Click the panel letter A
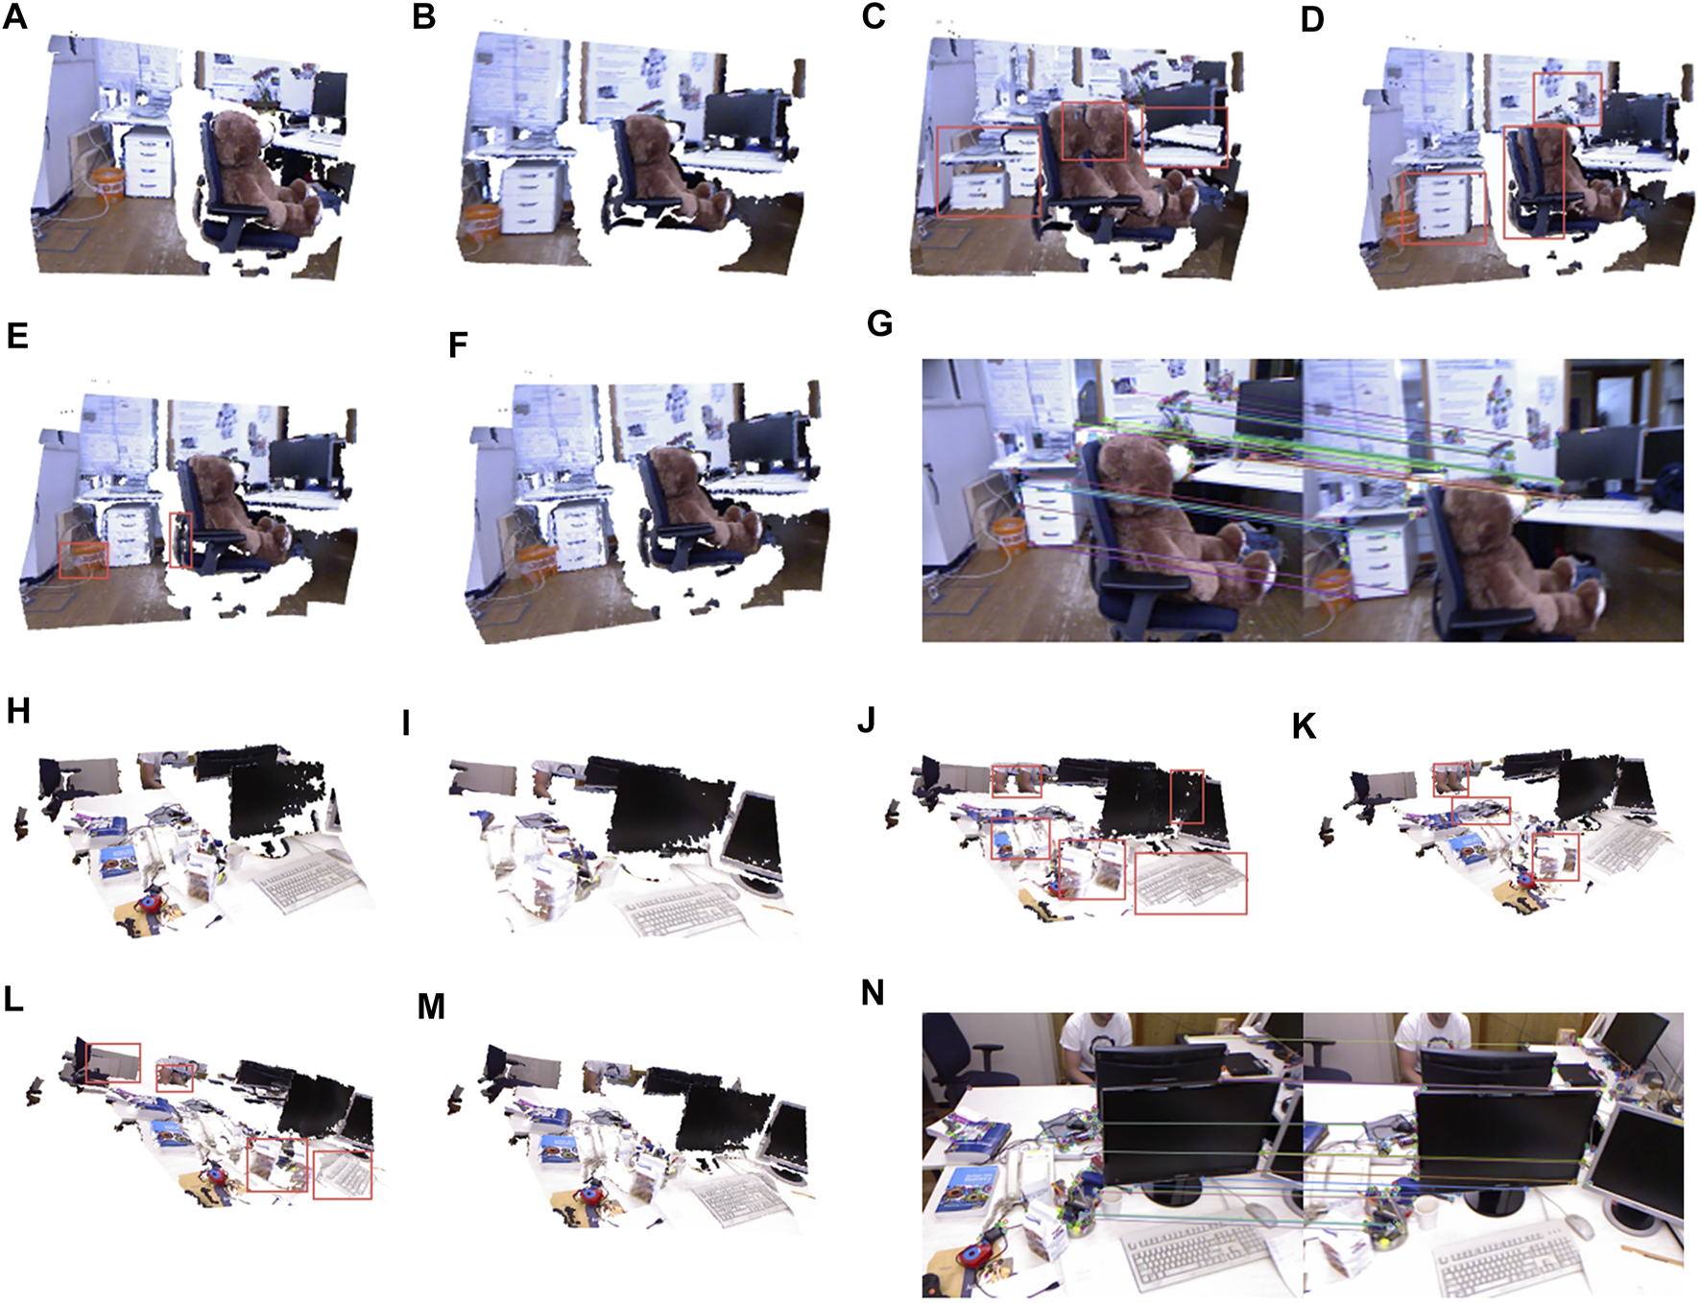(14, 16)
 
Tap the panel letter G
(879, 323)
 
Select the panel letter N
(873, 992)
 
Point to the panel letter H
(18, 711)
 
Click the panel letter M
(431, 1007)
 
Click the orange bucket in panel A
(108, 184)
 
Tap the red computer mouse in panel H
(150, 902)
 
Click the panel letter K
(1305, 726)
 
